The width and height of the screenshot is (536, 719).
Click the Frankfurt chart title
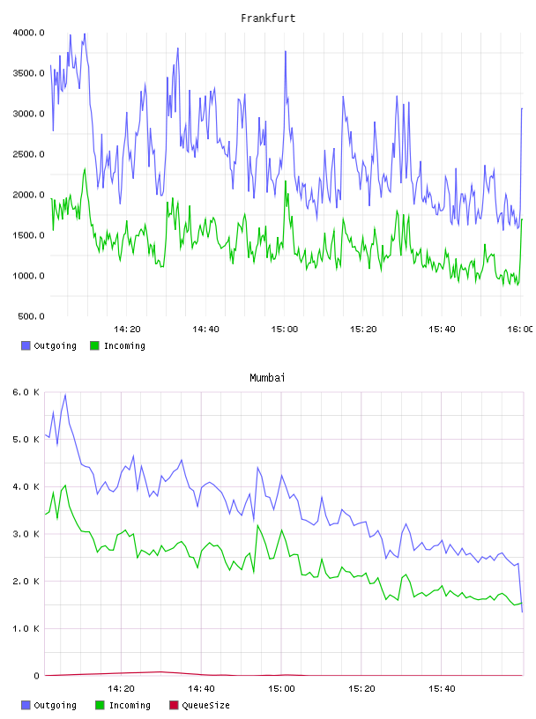pyautogui.click(x=268, y=19)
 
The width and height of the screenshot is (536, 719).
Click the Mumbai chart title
pyautogui.click(x=267, y=378)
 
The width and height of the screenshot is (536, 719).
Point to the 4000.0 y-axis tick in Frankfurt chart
pyautogui.click(x=28, y=33)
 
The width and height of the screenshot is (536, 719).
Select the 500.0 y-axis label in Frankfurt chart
pyautogui.click(x=31, y=316)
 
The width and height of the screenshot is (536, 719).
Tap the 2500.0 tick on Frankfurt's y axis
pyautogui.click(x=28, y=154)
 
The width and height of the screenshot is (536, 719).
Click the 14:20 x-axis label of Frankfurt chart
pyautogui.click(x=127, y=330)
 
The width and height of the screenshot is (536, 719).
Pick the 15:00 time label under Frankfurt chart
pyautogui.click(x=285, y=330)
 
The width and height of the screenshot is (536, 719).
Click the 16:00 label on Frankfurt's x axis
pyautogui.click(x=520, y=330)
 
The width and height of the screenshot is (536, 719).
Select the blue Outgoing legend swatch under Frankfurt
pyautogui.click(x=26, y=345)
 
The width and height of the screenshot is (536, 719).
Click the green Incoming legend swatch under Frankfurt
pyautogui.click(x=94, y=345)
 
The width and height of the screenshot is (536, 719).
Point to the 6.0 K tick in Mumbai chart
pyautogui.click(x=26, y=392)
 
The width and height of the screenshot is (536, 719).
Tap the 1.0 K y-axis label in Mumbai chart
pyautogui.click(x=26, y=628)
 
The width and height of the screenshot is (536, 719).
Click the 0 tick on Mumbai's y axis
pyautogui.click(x=37, y=676)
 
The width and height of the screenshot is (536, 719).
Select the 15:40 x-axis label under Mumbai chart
pyautogui.click(x=442, y=689)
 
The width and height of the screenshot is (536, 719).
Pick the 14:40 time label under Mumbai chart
pyautogui.click(x=201, y=689)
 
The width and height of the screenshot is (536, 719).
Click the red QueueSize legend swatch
pyautogui.click(x=174, y=705)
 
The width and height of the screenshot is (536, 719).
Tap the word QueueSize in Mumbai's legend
pyautogui.click(x=205, y=705)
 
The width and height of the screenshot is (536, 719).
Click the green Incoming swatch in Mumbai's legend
pyautogui.click(x=100, y=705)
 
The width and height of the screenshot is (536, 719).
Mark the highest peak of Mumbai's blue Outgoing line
pyautogui.click(x=65, y=395)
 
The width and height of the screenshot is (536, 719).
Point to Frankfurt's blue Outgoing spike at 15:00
pyautogui.click(x=286, y=51)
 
